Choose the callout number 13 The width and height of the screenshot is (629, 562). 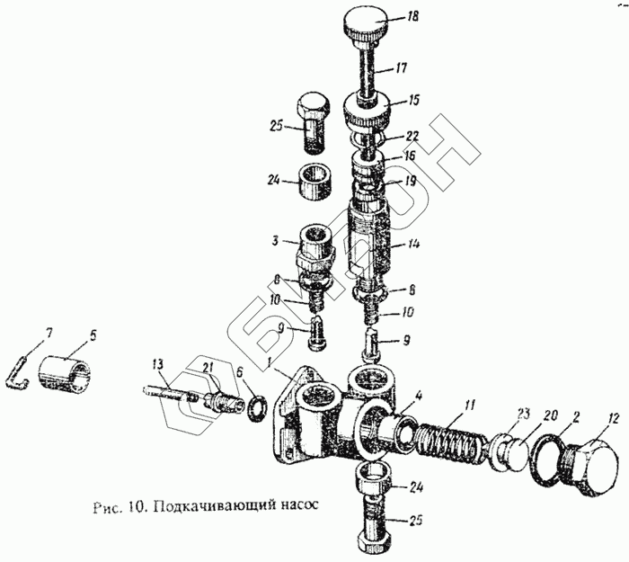(x=158, y=363)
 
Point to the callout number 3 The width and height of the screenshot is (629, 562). (x=280, y=242)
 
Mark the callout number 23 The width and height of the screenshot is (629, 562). (x=525, y=415)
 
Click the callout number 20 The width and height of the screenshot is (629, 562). (x=552, y=415)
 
